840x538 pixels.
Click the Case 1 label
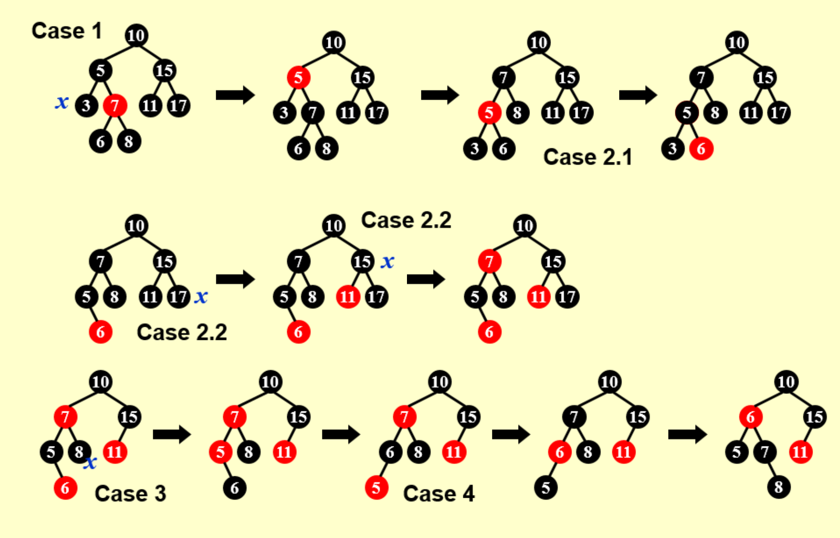pyautogui.click(x=67, y=31)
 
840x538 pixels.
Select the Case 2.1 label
pyautogui.click(x=588, y=157)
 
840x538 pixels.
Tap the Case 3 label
pyautogui.click(x=130, y=494)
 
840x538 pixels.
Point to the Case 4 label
pyautogui.click(x=439, y=494)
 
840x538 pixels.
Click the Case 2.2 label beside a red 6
pyautogui.click(x=182, y=333)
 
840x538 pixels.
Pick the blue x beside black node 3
pyautogui.click(x=62, y=102)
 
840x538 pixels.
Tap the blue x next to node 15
pyautogui.click(x=387, y=261)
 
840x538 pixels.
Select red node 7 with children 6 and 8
pyautogui.click(x=115, y=106)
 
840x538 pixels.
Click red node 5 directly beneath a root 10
pyautogui.click(x=299, y=78)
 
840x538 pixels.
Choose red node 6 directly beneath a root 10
pyautogui.click(x=751, y=417)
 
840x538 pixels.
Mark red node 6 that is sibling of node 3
pyautogui.click(x=701, y=149)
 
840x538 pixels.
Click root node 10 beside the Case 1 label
pyautogui.click(x=136, y=35)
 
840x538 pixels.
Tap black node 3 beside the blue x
pyautogui.click(x=86, y=106)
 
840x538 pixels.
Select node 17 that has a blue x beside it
pyautogui.click(x=178, y=297)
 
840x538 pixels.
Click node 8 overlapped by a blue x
pyautogui.click(x=79, y=452)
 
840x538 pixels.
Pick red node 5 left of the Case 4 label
pyautogui.click(x=376, y=488)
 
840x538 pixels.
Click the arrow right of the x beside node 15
pyautogui.click(x=426, y=279)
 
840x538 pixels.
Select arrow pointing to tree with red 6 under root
pyautogui.click(x=687, y=434)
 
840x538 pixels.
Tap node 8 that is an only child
pyautogui.click(x=779, y=487)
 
